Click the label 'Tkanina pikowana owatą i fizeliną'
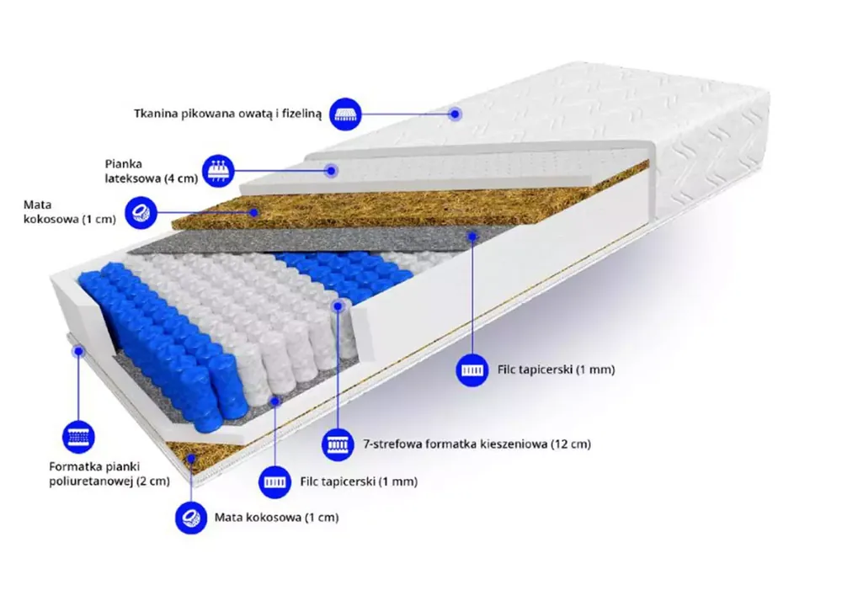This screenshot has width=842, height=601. tap(227, 114)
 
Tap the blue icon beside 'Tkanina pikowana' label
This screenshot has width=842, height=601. tap(345, 114)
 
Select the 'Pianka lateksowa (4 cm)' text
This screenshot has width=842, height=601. tap(152, 171)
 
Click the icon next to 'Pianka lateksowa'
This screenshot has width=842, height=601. tap(218, 171)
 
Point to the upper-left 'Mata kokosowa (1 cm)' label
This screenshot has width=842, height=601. tap(70, 212)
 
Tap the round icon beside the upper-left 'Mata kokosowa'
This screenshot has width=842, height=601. tap(141, 212)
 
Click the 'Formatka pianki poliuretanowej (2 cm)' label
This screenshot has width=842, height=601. tap(109, 474)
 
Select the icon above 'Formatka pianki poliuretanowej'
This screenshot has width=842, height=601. tap(78, 436)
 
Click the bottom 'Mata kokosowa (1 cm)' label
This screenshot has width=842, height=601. tap(276, 518)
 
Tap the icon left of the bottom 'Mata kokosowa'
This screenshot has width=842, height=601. tap(191, 518)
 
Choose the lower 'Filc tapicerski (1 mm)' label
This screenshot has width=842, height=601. tap(359, 481)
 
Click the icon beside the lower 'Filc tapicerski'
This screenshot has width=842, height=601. tap(275, 481)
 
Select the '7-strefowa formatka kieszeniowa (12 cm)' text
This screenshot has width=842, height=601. tap(477, 444)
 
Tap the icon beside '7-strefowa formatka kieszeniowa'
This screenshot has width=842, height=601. tap(338, 444)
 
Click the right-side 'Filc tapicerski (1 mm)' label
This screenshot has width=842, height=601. tap(556, 370)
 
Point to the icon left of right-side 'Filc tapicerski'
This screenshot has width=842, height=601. tap(472, 370)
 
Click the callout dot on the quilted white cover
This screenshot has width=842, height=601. tap(455, 114)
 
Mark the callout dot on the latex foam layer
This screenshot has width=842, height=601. tap(332, 171)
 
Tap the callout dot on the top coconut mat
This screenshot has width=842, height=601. tap(254, 212)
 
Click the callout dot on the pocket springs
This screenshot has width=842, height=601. tap(338, 306)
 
